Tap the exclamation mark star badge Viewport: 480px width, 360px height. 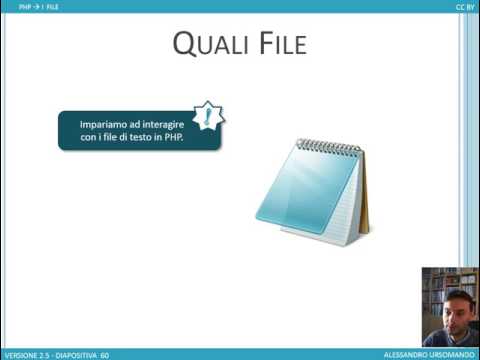[x=207, y=116]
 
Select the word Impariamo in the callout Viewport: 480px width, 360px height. [x=101, y=123]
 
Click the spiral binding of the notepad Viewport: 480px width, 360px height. [x=329, y=146]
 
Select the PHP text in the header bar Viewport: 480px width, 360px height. [x=25, y=6]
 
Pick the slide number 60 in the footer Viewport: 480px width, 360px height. [x=104, y=354]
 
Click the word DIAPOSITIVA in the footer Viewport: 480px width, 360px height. [x=78, y=354]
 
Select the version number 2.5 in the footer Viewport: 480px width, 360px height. [x=45, y=354]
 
